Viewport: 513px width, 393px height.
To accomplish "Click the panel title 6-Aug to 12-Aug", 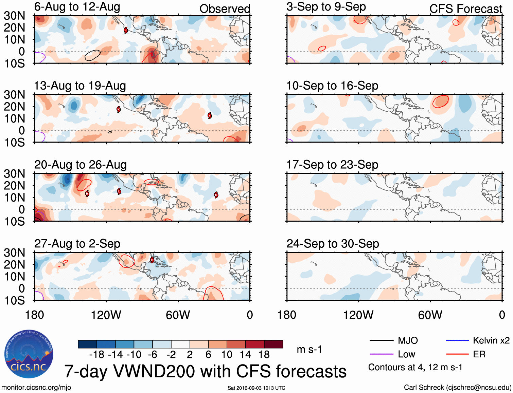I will tap(77, 7).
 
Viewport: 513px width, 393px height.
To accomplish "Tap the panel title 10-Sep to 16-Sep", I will tap(332, 86).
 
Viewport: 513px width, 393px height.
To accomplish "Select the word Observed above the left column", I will tap(225, 9).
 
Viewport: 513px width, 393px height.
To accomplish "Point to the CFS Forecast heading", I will tap(465, 9).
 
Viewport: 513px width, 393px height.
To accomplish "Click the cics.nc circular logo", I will tap(29, 354).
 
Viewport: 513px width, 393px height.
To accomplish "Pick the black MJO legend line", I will tap(381, 340).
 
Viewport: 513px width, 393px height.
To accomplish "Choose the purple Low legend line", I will tap(381, 354).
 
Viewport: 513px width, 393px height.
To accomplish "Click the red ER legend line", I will tap(457, 354).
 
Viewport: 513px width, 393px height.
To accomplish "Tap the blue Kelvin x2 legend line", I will tap(457, 340).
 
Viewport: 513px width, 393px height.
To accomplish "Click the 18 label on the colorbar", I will tap(264, 355).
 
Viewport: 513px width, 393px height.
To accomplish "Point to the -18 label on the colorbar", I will tap(97, 355).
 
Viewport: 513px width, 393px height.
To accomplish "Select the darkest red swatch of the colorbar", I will tap(273, 344).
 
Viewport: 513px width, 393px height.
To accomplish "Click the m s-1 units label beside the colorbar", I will tap(309, 349).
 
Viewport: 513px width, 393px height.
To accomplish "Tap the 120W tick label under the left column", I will tap(106, 315).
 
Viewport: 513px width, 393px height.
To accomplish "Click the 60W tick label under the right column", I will tap(430, 315).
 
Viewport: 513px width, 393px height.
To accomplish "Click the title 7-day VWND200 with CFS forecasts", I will tap(205, 371).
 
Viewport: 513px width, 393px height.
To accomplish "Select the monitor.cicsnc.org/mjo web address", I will tap(36, 388).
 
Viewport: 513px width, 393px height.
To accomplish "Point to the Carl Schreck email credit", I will tap(457, 388).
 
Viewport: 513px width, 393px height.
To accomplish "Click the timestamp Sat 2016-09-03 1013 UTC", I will tap(256, 388).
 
